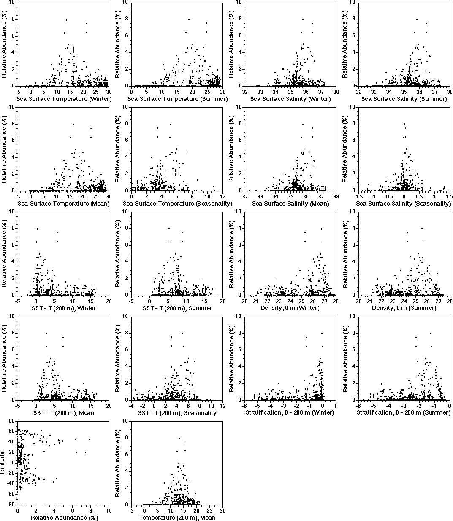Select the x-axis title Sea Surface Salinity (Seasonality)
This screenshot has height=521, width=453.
point(404,204)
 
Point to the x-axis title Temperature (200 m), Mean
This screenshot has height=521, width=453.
point(177,518)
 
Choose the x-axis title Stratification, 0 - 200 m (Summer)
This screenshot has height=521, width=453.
point(403,412)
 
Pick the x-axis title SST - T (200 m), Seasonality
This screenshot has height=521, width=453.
point(177,412)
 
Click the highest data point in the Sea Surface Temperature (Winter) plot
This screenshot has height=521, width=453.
point(66,20)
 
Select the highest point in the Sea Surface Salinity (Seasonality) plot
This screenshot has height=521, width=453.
point(404,124)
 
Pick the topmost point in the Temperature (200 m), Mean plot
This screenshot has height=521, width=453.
point(179,438)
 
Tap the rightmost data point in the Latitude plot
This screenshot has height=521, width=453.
point(90,440)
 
